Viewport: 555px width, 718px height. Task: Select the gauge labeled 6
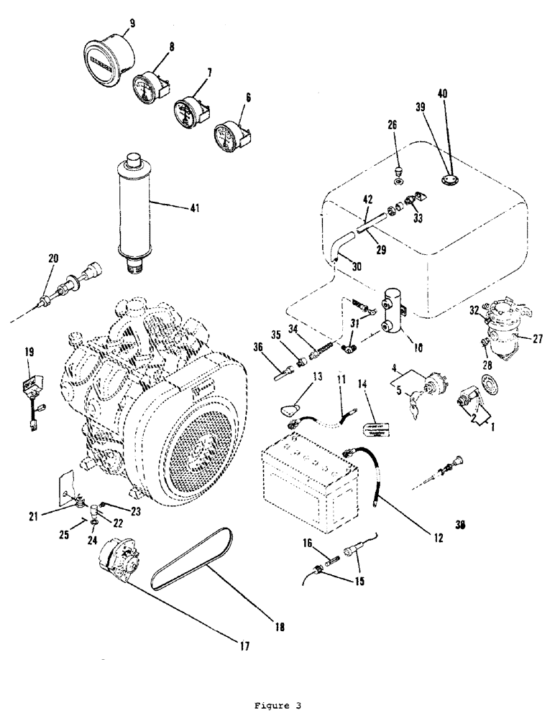click(229, 133)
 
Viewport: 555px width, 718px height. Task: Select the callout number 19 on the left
click(29, 352)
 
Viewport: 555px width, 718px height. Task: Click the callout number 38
click(459, 525)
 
